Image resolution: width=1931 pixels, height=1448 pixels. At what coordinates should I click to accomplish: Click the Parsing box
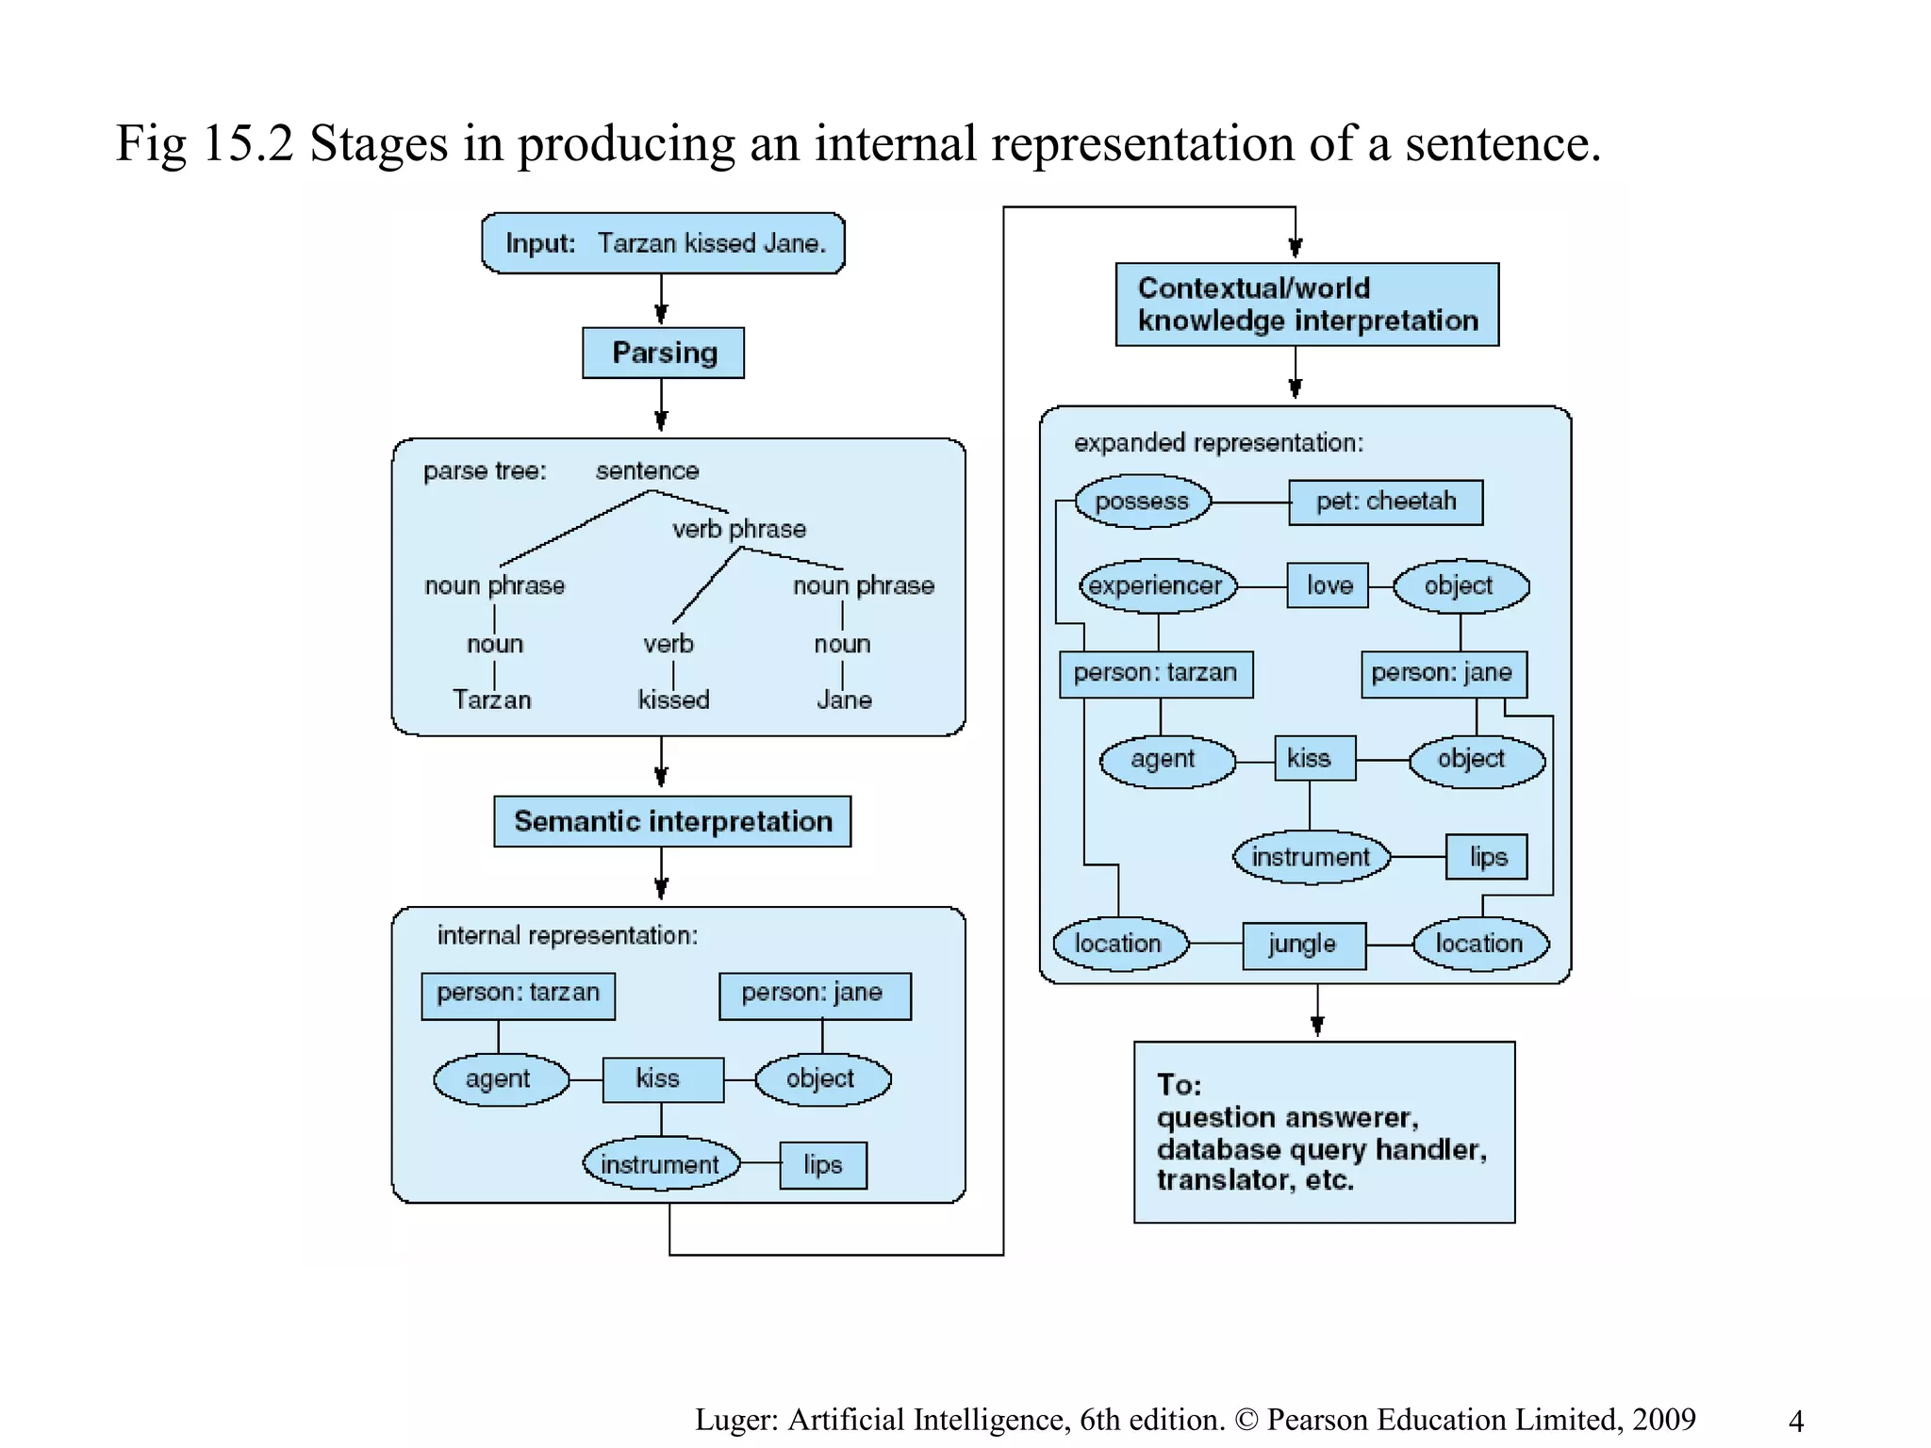(x=663, y=353)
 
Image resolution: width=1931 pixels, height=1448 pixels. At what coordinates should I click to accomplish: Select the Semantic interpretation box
(x=672, y=821)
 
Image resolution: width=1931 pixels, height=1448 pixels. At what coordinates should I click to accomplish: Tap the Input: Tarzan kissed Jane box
(x=663, y=243)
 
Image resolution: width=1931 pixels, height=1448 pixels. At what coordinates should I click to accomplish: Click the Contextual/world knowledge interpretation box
(x=1307, y=304)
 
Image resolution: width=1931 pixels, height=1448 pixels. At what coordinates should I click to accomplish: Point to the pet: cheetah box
(x=1385, y=502)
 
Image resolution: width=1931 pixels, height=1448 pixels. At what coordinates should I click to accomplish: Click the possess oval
(x=1142, y=502)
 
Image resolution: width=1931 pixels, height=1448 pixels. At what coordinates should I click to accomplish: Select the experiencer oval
(x=1156, y=586)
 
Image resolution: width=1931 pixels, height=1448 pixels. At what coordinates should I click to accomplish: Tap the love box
(x=1328, y=586)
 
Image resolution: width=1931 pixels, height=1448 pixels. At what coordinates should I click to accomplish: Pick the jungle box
(x=1303, y=945)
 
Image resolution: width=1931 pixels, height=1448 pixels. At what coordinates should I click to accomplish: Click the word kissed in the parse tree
(x=673, y=699)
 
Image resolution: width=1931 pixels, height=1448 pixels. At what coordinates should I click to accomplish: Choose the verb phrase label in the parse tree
(x=738, y=529)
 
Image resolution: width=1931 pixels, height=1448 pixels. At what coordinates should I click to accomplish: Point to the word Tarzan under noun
(x=491, y=699)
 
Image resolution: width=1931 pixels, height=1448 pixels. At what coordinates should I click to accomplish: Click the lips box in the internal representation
(x=822, y=1165)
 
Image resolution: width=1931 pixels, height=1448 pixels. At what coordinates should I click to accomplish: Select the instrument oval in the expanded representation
(x=1311, y=857)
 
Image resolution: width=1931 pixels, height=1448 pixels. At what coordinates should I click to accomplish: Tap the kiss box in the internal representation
(x=663, y=1078)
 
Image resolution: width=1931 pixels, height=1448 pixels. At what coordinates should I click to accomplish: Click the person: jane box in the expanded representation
(x=1443, y=673)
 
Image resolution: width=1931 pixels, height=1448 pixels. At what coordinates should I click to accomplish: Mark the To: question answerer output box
(x=1324, y=1132)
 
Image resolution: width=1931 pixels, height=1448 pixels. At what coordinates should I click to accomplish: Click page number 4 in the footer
(x=1796, y=1421)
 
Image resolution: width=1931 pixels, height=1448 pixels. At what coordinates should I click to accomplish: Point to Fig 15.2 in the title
(x=205, y=144)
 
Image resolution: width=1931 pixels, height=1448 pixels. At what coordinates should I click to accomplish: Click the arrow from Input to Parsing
(x=661, y=301)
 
